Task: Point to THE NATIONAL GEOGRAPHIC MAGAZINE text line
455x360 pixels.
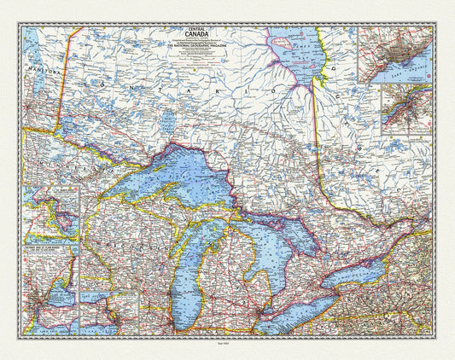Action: tap(185, 61)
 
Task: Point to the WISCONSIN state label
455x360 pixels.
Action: tap(128, 256)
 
